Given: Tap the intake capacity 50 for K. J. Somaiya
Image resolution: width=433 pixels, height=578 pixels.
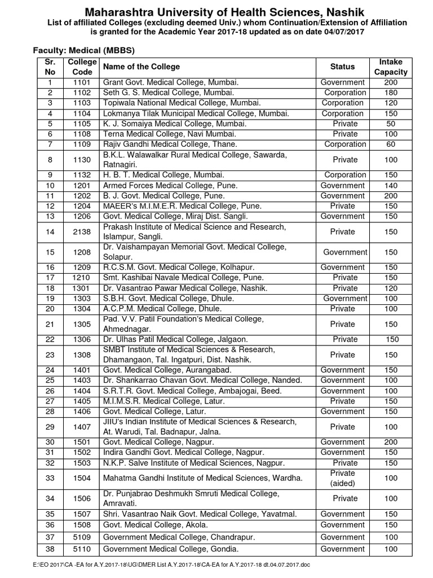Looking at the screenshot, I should [x=391, y=124].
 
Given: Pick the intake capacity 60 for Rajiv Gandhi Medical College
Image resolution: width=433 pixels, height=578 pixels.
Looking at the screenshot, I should [x=391, y=144].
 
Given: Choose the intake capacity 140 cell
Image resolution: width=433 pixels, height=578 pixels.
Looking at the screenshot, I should [x=391, y=185].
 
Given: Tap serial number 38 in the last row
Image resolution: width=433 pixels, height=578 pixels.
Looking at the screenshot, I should [x=50, y=549].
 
